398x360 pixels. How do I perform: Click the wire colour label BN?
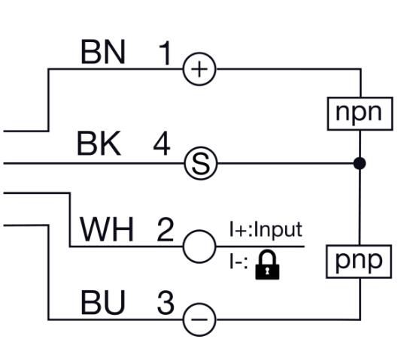103,52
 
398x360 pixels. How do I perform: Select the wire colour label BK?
99,144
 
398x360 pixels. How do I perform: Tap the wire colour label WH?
106,229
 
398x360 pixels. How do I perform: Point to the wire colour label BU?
103,302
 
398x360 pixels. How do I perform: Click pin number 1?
166,53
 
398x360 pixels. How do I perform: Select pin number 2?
166,229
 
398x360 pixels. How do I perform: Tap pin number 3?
166,302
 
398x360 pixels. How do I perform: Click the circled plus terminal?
199,69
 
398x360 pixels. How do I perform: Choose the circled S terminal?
201,163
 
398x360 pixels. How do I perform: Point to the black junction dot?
360,163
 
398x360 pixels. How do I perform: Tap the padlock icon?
267,265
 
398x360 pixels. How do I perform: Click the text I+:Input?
266,229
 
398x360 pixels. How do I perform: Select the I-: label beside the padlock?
238,262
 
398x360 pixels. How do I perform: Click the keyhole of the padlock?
267,271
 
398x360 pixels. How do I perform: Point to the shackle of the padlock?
267,251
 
